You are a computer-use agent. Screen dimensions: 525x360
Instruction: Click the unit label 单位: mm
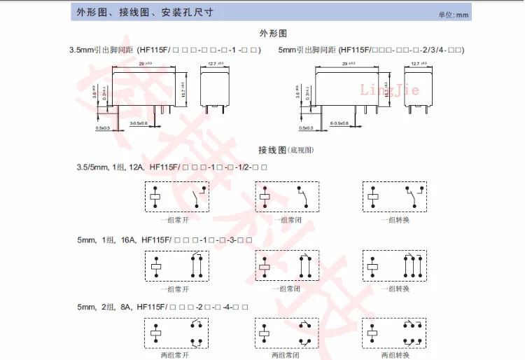[x=472, y=15]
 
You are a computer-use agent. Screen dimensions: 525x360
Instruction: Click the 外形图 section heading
[x=274, y=33]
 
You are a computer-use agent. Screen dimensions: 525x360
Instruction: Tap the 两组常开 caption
[x=174, y=355]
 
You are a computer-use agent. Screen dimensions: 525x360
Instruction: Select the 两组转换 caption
[x=393, y=355]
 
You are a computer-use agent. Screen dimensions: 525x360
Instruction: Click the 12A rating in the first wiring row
[x=137, y=167]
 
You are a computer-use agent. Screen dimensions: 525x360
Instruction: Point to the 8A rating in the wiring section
[x=126, y=307]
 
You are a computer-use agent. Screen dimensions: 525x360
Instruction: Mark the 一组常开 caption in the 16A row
[x=174, y=288]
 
